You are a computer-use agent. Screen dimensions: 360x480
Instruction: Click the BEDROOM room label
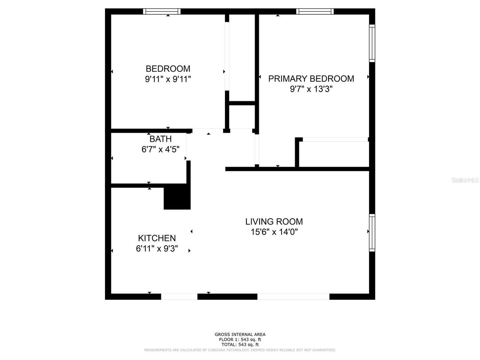pyautogui.click(x=168, y=69)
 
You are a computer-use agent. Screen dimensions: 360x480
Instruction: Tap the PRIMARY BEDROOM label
pyautogui.click(x=311, y=78)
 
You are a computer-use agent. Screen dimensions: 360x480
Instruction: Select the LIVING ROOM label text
pyautogui.click(x=274, y=222)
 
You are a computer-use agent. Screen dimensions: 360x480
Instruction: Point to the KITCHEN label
pyautogui.click(x=157, y=238)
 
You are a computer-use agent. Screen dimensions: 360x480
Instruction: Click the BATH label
pyautogui.click(x=160, y=139)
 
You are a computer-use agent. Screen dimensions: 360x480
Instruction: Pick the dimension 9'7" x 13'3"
pyautogui.click(x=311, y=89)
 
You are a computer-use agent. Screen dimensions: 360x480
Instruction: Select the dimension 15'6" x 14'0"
pyautogui.click(x=274, y=232)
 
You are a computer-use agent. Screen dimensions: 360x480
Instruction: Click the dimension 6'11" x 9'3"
pyautogui.click(x=157, y=248)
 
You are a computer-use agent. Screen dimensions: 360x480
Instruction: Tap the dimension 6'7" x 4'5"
pyautogui.click(x=160, y=149)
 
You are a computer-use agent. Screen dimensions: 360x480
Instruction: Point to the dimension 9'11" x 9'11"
pyautogui.click(x=168, y=79)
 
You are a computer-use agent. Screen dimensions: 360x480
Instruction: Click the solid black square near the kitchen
pyautogui.click(x=177, y=197)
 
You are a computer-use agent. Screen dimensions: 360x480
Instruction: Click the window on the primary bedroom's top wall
pyautogui.click(x=315, y=12)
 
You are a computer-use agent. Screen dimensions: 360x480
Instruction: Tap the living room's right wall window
pyautogui.click(x=372, y=232)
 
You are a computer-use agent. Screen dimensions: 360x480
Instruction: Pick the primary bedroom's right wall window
pyautogui.click(x=372, y=43)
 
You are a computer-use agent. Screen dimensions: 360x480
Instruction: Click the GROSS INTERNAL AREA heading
pyautogui.click(x=240, y=334)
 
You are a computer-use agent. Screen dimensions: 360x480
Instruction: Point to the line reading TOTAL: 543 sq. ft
pyautogui.click(x=240, y=344)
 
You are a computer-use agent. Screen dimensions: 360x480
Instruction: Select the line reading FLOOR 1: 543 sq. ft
pyautogui.click(x=240, y=339)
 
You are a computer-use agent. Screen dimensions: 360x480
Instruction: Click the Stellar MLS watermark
pyautogui.click(x=465, y=180)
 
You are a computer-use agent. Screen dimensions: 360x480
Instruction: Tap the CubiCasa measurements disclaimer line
pyautogui.click(x=240, y=350)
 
